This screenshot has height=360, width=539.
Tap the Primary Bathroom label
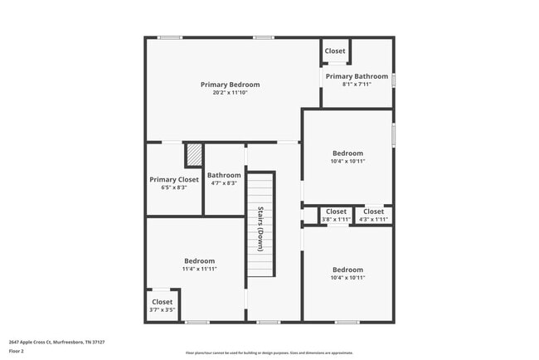(x=357, y=76)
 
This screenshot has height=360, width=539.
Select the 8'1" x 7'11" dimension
(x=357, y=84)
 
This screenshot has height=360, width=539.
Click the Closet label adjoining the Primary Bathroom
(x=335, y=51)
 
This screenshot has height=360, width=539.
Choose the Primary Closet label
(x=174, y=179)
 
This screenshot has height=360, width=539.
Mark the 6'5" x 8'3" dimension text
(x=174, y=187)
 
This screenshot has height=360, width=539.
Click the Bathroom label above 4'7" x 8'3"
(x=224, y=175)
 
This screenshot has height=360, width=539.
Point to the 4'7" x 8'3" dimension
(x=224, y=183)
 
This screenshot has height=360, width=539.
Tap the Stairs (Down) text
(x=260, y=228)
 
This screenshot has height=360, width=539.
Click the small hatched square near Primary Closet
(x=193, y=155)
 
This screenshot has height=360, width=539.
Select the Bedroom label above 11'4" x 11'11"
(x=199, y=260)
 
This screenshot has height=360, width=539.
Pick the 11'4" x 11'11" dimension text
(x=199, y=269)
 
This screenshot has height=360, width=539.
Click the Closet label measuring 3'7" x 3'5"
(x=162, y=302)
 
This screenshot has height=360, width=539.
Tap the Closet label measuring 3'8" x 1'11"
(x=336, y=212)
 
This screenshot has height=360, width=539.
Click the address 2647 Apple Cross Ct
(x=56, y=342)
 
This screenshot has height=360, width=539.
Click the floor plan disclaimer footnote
(x=269, y=353)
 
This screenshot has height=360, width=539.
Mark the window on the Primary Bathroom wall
(x=394, y=80)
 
